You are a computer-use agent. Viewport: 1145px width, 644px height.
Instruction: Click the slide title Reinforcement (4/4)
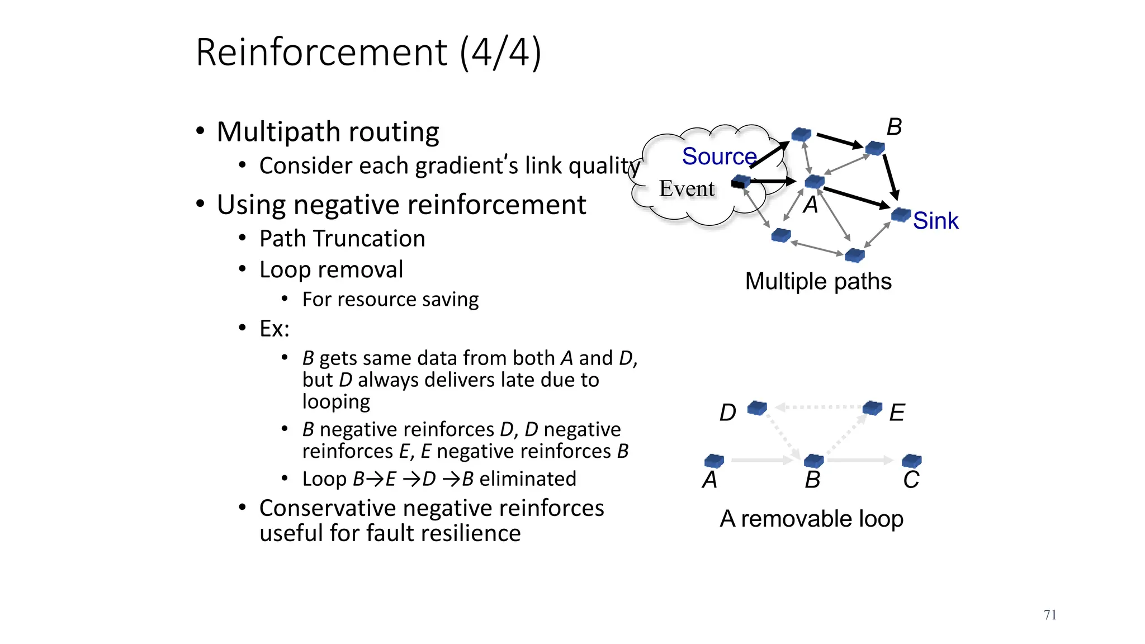point(368,53)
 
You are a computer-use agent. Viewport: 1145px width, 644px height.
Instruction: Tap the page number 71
point(1049,615)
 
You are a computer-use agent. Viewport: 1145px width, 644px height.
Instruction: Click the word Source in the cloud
point(719,156)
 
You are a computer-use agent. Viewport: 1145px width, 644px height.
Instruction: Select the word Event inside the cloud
point(687,189)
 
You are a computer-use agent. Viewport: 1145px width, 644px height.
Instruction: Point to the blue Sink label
point(935,221)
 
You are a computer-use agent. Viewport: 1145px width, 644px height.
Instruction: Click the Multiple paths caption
point(818,281)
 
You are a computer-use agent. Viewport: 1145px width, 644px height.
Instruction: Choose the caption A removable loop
point(811,519)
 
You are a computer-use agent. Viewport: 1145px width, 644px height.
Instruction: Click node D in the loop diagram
point(757,408)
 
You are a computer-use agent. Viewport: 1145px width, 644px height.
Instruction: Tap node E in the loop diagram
point(872,408)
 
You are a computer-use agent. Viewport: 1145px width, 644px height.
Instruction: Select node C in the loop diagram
point(911,461)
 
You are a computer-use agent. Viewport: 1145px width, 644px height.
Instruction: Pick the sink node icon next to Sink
point(901,215)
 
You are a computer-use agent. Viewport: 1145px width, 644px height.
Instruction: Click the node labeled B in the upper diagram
point(875,148)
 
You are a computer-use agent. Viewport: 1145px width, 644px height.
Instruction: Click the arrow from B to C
point(860,460)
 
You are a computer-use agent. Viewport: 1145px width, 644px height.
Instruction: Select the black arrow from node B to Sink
point(891,176)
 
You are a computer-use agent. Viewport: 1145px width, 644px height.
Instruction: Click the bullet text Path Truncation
point(342,239)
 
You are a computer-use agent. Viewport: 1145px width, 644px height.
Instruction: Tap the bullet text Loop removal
point(331,270)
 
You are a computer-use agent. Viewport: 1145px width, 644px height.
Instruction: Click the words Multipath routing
point(328,132)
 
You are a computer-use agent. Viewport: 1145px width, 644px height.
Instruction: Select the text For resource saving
point(390,300)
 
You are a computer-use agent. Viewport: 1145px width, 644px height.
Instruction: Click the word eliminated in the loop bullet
point(527,479)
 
